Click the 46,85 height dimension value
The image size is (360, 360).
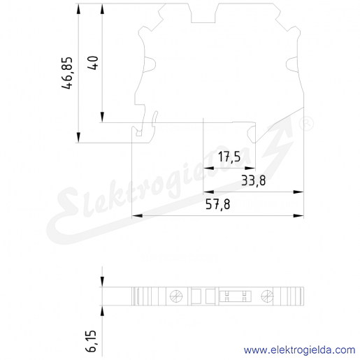[x=67, y=73]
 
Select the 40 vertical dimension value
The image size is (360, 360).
[x=94, y=63]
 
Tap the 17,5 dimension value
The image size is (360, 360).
[x=229, y=157]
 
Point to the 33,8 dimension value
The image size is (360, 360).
[x=253, y=180]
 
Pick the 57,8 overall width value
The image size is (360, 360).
[x=218, y=204]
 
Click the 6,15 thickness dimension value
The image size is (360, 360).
[x=91, y=340]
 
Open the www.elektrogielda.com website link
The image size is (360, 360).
[x=299, y=350]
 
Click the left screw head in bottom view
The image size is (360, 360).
[x=176, y=296]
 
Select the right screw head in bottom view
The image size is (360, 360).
[x=267, y=296]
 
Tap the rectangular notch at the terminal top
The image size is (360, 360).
[x=203, y=13]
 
